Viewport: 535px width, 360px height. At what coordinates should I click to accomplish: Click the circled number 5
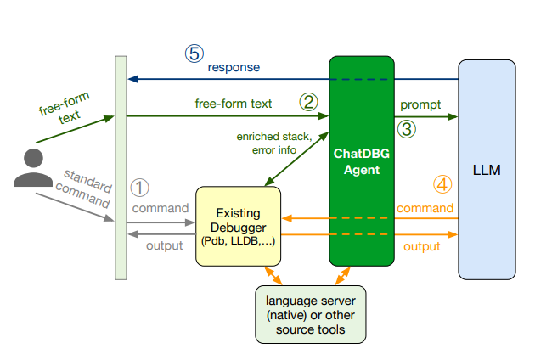tap(194, 53)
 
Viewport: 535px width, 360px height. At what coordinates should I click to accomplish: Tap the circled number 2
tap(308, 102)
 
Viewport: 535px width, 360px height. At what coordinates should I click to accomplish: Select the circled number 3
tap(407, 129)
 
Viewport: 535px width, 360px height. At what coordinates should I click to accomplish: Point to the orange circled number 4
tap(442, 184)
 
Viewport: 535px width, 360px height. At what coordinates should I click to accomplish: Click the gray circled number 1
tap(139, 188)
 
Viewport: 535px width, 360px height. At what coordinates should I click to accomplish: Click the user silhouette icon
tap(33, 167)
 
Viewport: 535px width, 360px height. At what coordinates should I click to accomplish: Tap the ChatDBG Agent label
tap(362, 161)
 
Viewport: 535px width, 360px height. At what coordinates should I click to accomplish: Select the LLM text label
tap(487, 170)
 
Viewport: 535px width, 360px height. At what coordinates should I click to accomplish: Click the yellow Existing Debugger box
tap(238, 226)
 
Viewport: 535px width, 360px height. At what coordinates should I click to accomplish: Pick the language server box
tap(311, 315)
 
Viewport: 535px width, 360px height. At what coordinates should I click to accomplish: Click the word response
tap(234, 68)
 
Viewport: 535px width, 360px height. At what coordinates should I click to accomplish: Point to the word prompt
tap(420, 104)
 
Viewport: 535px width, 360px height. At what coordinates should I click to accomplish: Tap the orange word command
tap(425, 208)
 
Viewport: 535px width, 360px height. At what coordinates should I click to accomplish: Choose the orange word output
tap(422, 246)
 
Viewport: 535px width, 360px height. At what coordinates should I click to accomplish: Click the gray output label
tap(165, 245)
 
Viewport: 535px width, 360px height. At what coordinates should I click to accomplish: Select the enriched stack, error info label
tap(274, 143)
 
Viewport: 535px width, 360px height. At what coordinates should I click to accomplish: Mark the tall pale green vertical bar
tap(121, 168)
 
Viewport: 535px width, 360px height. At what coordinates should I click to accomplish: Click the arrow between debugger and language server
tap(273, 276)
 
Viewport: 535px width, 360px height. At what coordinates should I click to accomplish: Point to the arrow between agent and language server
tap(342, 276)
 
